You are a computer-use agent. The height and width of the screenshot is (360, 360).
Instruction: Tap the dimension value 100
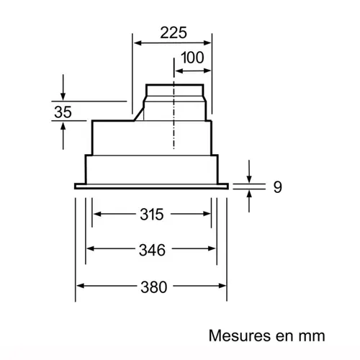[x=192, y=58]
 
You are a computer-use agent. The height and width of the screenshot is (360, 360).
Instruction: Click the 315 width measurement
[x=152, y=214]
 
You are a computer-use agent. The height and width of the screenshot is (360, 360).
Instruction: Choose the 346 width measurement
[x=152, y=250]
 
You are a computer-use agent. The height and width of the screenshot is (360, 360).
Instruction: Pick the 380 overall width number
[x=152, y=287]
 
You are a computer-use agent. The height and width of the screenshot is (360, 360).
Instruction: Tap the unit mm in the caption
[x=313, y=336]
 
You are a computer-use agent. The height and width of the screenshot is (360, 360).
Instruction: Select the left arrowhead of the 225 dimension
[x=135, y=42]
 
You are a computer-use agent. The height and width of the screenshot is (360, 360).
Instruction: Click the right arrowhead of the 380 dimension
[x=224, y=286]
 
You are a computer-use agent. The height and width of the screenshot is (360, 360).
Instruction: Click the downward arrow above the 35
[x=63, y=95]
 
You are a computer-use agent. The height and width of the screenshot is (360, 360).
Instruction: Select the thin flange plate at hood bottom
[x=151, y=186]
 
